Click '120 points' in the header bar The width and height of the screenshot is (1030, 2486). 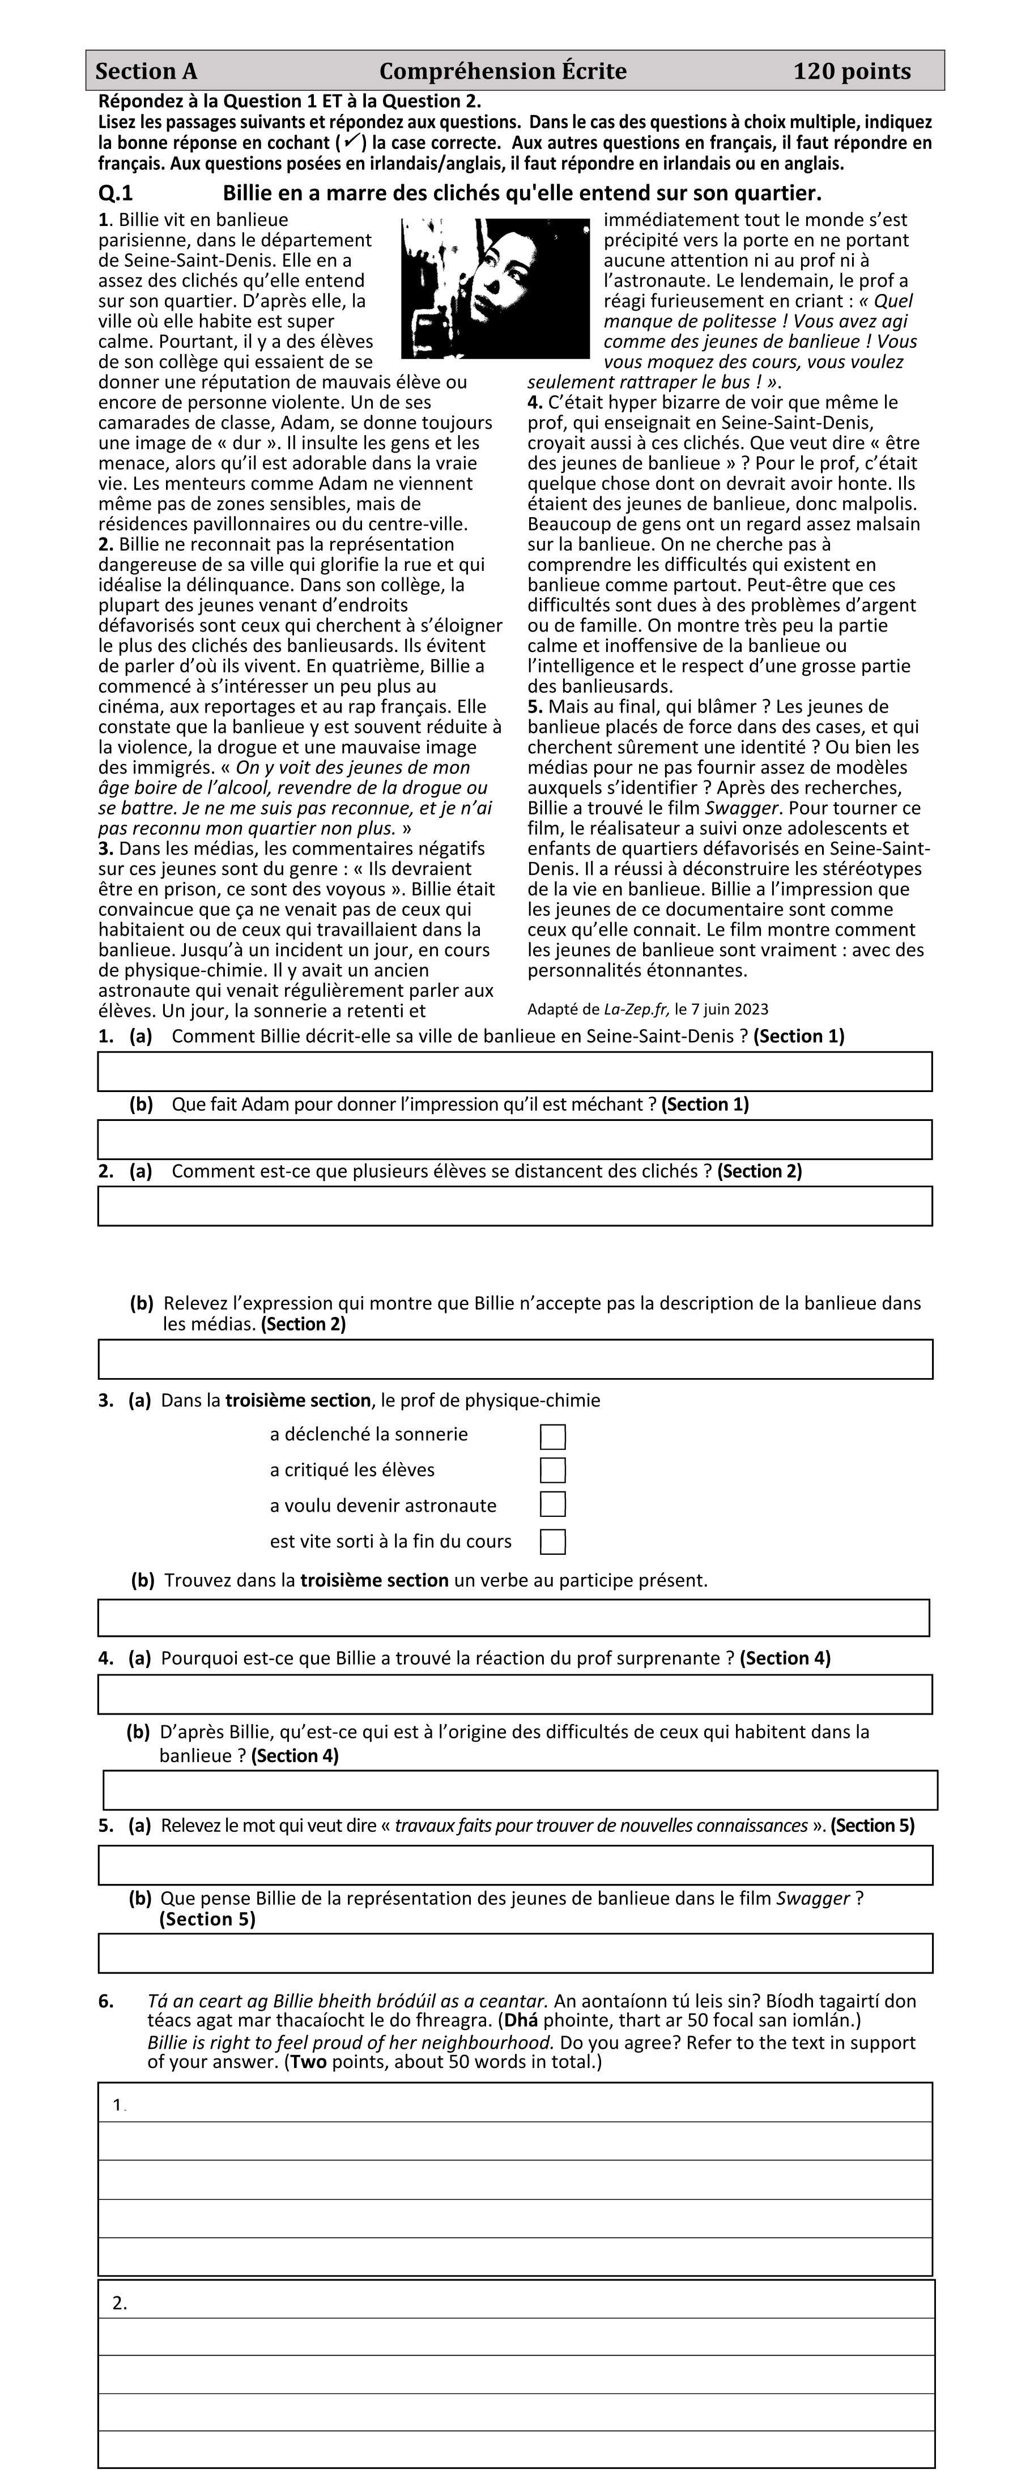tap(852, 71)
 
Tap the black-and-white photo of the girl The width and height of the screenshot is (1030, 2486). tap(494, 288)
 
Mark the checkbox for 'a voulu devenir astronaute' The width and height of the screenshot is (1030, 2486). tap(552, 1504)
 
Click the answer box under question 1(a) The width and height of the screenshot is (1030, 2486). tap(514, 1071)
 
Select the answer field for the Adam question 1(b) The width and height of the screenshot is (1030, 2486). tap(514, 1138)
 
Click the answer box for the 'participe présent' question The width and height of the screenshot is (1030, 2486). tap(513, 1618)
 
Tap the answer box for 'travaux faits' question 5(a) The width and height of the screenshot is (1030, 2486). tap(514, 1865)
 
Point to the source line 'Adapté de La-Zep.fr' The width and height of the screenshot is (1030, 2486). tap(648, 1009)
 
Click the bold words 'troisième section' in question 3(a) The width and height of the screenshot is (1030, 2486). tap(297, 1400)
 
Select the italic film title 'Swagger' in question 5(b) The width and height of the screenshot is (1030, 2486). tap(813, 1898)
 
